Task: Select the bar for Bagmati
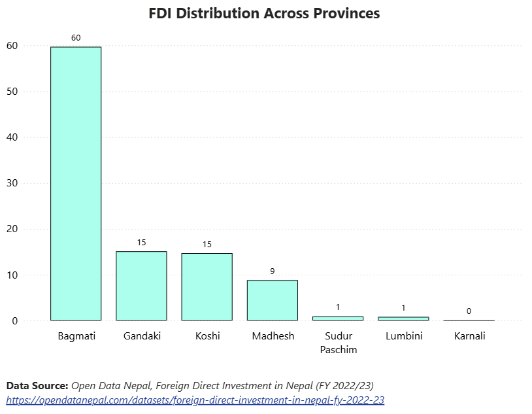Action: (x=76, y=183)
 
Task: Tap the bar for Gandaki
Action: (x=141, y=286)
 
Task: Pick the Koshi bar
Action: (x=207, y=286)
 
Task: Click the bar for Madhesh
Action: (x=272, y=300)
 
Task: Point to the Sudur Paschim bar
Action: (x=337, y=319)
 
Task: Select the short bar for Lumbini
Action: (x=403, y=319)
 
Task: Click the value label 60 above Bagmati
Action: (x=76, y=38)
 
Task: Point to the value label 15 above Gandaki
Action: (x=141, y=243)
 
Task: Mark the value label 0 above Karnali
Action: (x=469, y=311)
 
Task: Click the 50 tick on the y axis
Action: (x=12, y=92)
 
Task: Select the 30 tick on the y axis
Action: (x=12, y=183)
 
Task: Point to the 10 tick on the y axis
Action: (x=12, y=275)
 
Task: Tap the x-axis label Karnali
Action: (x=469, y=336)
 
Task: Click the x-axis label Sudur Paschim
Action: (x=338, y=343)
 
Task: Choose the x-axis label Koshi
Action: (x=207, y=336)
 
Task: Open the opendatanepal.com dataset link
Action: (x=195, y=400)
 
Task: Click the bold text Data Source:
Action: (x=37, y=385)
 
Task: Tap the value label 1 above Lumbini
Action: (x=403, y=307)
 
